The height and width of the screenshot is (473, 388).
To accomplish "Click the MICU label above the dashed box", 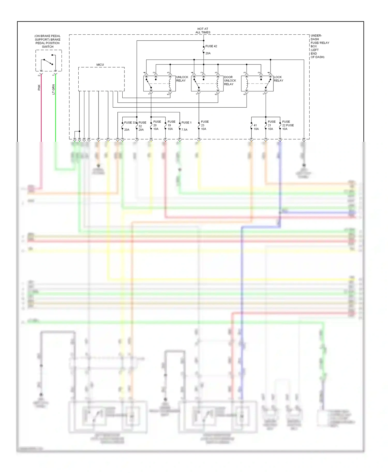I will tap(100, 65).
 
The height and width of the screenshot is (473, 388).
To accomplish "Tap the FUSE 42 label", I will tap(211, 46).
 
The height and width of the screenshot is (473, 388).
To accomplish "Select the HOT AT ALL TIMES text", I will tap(203, 31).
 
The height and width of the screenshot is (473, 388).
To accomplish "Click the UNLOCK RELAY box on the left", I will tap(159, 84).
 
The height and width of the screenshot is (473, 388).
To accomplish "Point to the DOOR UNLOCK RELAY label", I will tap(230, 80).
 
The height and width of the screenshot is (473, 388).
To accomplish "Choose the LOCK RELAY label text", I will tap(278, 79).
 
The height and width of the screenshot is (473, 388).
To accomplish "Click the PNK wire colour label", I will tap(39, 87).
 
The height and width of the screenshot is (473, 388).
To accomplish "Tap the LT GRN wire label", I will tap(54, 89).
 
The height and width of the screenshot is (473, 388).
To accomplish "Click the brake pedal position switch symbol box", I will tap(49, 61).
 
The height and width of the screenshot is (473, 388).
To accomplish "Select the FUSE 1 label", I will tap(186, 123).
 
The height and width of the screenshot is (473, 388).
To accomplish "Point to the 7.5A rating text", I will tap(184, 130).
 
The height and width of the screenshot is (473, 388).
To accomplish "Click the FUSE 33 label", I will tap(130, 123).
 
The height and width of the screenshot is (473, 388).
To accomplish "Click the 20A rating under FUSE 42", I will tap(208, 53).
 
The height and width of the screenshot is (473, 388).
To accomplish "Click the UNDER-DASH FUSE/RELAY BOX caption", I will tap(320, 46).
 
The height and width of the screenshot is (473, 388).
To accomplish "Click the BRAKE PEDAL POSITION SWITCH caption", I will tap(48, 41).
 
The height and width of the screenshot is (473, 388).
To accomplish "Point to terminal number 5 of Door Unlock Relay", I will tap(216, 94).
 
